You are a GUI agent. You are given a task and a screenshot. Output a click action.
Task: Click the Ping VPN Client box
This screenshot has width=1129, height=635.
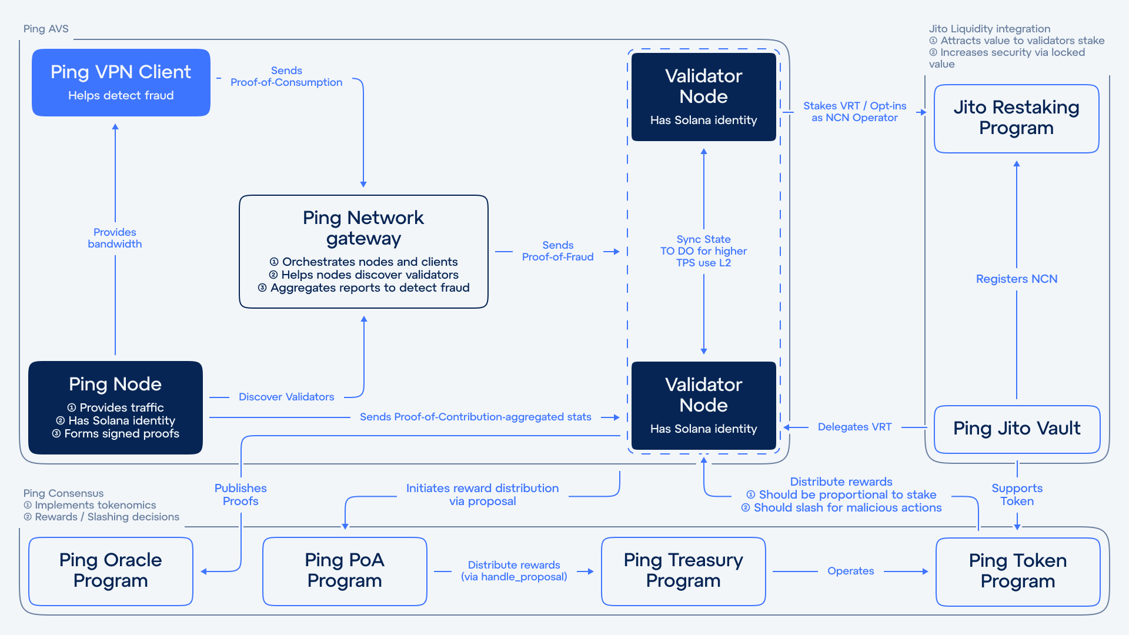121,82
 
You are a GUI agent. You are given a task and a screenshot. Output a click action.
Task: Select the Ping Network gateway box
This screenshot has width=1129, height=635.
363,252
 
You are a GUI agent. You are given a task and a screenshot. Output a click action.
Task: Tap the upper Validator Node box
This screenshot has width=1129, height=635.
703,97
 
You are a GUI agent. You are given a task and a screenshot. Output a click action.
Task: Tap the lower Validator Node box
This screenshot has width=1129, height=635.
703,406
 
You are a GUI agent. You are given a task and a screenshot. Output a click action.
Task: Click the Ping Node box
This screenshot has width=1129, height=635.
115,407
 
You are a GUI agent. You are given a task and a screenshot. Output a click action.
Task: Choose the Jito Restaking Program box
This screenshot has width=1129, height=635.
1016,118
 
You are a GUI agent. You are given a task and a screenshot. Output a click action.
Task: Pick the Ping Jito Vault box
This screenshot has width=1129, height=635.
1017,429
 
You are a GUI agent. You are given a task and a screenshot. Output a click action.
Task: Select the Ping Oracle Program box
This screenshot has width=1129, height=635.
111,571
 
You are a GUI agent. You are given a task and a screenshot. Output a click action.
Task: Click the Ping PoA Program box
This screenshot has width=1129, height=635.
345,571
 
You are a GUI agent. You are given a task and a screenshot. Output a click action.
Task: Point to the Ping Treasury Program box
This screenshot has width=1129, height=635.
683,571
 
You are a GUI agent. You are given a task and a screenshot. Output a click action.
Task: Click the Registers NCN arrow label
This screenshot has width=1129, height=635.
1017,279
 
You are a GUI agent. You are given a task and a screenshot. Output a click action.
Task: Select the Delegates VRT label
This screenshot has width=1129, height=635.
854,427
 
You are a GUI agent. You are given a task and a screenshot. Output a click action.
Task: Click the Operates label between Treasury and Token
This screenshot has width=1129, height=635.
850,571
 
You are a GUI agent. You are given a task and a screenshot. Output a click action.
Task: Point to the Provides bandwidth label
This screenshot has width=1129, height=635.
115,238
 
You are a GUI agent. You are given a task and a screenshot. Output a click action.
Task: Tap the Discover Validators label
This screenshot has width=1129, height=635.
286,397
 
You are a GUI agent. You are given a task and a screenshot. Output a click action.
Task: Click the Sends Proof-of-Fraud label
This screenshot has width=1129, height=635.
557,251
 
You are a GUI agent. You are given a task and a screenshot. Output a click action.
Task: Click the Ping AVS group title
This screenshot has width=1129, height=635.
46,29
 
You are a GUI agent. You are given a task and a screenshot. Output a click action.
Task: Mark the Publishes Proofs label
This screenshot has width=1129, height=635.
241,494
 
